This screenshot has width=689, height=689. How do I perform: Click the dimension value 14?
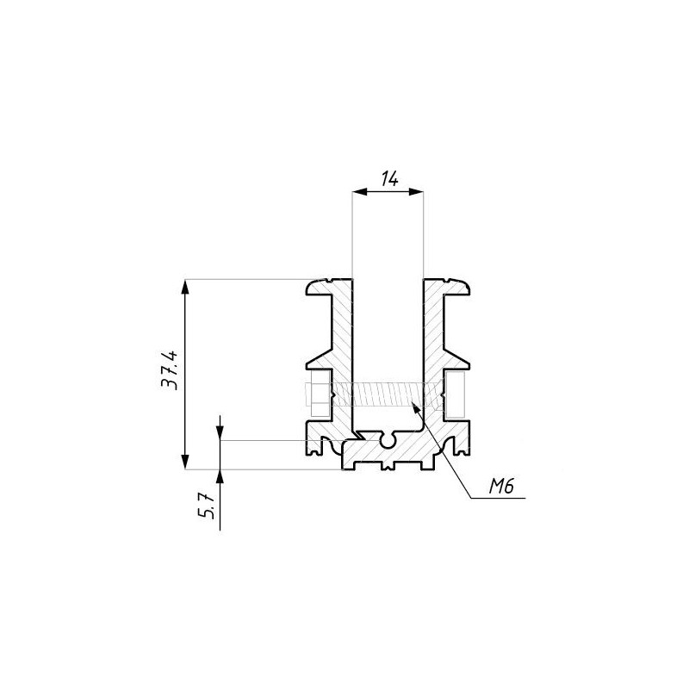[389, 179]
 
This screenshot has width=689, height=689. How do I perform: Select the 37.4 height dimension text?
[170, 370]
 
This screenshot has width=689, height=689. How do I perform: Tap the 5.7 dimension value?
[206, 506]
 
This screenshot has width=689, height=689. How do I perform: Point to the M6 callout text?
[501, 487]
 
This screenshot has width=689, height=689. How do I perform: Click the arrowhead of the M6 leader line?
[415, 407]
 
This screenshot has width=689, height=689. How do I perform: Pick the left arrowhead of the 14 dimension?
[359, 191]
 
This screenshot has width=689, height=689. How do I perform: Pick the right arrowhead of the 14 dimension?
[416, 191]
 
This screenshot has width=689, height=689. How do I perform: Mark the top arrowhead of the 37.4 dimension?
[185, 287]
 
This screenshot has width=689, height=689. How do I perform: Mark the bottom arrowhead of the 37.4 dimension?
[185, 462]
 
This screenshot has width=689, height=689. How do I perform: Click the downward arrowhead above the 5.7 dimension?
[220, 432]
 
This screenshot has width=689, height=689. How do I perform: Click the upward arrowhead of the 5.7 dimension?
[220, 477]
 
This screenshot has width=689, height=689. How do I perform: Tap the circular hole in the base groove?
[388, 441]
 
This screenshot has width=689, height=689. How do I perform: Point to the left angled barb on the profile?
[320, 359]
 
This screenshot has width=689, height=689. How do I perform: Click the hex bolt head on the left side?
[317, 394]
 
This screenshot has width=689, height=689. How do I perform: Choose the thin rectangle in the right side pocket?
[455, 394]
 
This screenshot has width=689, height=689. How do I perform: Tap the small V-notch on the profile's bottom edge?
[388, 466]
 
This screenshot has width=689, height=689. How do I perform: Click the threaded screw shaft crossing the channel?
[388, 394]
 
